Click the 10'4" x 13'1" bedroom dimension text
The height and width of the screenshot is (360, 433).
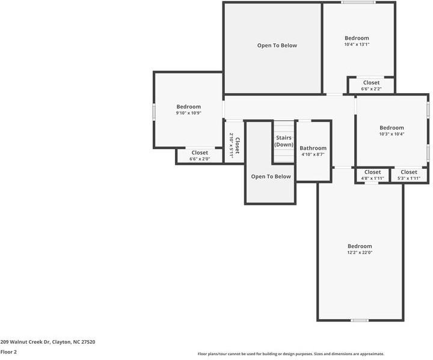pyautogui.click(x=357, y=44)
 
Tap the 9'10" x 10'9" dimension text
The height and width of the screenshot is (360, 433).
pyautogui.click(x=188, y=113)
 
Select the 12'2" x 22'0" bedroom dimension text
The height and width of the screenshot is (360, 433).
pyautogui.click(x=360, y=252)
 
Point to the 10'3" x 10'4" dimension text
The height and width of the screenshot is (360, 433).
pyautogui.click(x=392, y=134)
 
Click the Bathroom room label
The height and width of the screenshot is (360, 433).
pyautogui.click(x=313, y=148)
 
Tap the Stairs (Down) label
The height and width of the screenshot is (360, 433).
pyautogui.click(x=284, y=141)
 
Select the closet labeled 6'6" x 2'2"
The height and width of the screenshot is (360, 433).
pyautogui.click(x=371, y=85)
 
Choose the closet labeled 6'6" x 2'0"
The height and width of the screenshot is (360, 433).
pyautogui.click(x=200, y=156)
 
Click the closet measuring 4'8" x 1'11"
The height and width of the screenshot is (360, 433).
pyautogui.click(x=372, y=175)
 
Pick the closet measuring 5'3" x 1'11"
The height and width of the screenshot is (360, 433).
pyautogui.click(x=409, y=175)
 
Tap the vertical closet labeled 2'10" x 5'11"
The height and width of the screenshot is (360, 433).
pyautogui.click(x=234, y=145)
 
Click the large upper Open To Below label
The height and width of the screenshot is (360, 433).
pyautogui.click(x=277, y=46)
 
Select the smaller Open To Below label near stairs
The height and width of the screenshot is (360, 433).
pyautogui.click(x=271, y=177)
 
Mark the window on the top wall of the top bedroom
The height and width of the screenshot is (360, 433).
pyautogui.click(x=358, y=2)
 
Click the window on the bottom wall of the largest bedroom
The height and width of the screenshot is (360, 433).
pyautogui.click(x=360, y=320)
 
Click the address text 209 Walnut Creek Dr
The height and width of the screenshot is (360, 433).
pyautogui.click(x=48, y=341)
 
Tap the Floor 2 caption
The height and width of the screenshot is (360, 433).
pyautogui.click(x=8, y=352)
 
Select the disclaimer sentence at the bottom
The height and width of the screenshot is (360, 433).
pyautogui.click(x=290, y=354)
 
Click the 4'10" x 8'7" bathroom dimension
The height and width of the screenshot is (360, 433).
pyautogui.click(x=313, y=154)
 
